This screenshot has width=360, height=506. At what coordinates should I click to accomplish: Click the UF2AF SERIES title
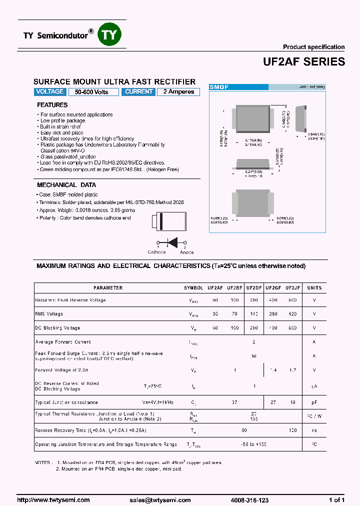coord(303,61)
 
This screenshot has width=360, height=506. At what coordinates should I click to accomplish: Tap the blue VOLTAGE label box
coord(50,92)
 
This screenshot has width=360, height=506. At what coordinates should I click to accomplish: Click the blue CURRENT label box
coord(138,92)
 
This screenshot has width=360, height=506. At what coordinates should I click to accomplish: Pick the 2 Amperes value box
coord(178,92)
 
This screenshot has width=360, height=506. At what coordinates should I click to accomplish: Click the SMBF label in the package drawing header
coord(218,87)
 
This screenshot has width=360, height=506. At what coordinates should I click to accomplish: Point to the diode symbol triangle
coord(172,243)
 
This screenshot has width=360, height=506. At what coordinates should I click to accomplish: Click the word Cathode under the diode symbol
coord(156,252)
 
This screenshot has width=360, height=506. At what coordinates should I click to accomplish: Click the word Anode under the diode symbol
coord(186,252)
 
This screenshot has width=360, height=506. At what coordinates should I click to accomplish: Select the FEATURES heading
coord(52,105)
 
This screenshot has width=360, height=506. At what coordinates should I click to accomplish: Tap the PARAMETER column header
coord(108,288)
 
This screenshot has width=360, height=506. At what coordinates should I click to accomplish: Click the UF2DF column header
coord(254,288)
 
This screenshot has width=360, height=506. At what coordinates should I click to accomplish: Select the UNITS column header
coord(314,288)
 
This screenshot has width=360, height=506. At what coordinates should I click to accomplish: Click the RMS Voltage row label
coord(49,314)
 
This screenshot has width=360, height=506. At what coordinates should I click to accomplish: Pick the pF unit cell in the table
coord(314,402)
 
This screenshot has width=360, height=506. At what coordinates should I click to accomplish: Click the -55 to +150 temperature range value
coord(254,444)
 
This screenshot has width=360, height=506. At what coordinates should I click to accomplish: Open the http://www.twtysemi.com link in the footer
coord(53,500)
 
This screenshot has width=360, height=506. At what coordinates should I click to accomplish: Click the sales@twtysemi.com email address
coord(160,500)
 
